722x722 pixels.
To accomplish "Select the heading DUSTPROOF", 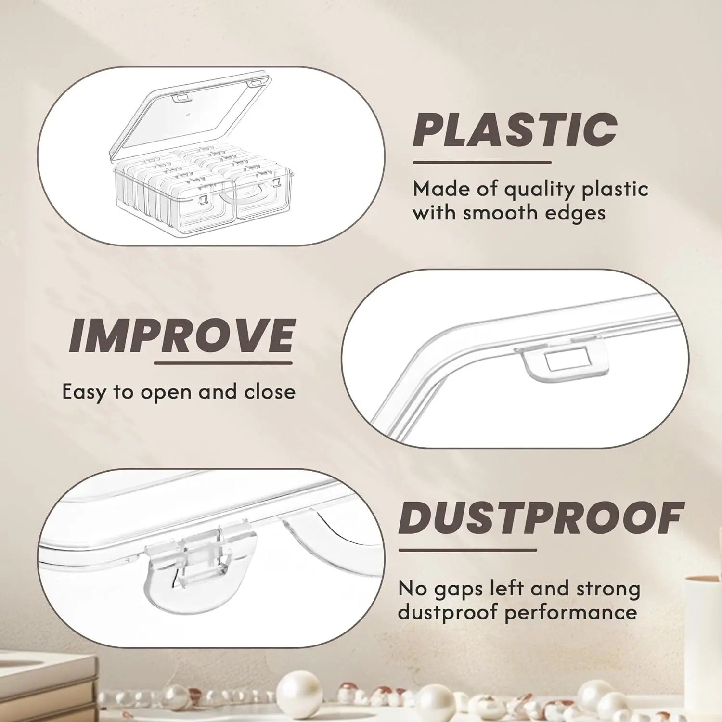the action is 541,518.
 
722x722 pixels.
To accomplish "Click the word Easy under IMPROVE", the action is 84,393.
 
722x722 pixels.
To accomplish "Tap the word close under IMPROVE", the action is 270,392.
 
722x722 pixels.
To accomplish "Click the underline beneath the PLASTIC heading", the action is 482,162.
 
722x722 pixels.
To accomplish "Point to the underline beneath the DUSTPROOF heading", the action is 467,550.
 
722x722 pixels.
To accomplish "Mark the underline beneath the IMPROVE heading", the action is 223,362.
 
